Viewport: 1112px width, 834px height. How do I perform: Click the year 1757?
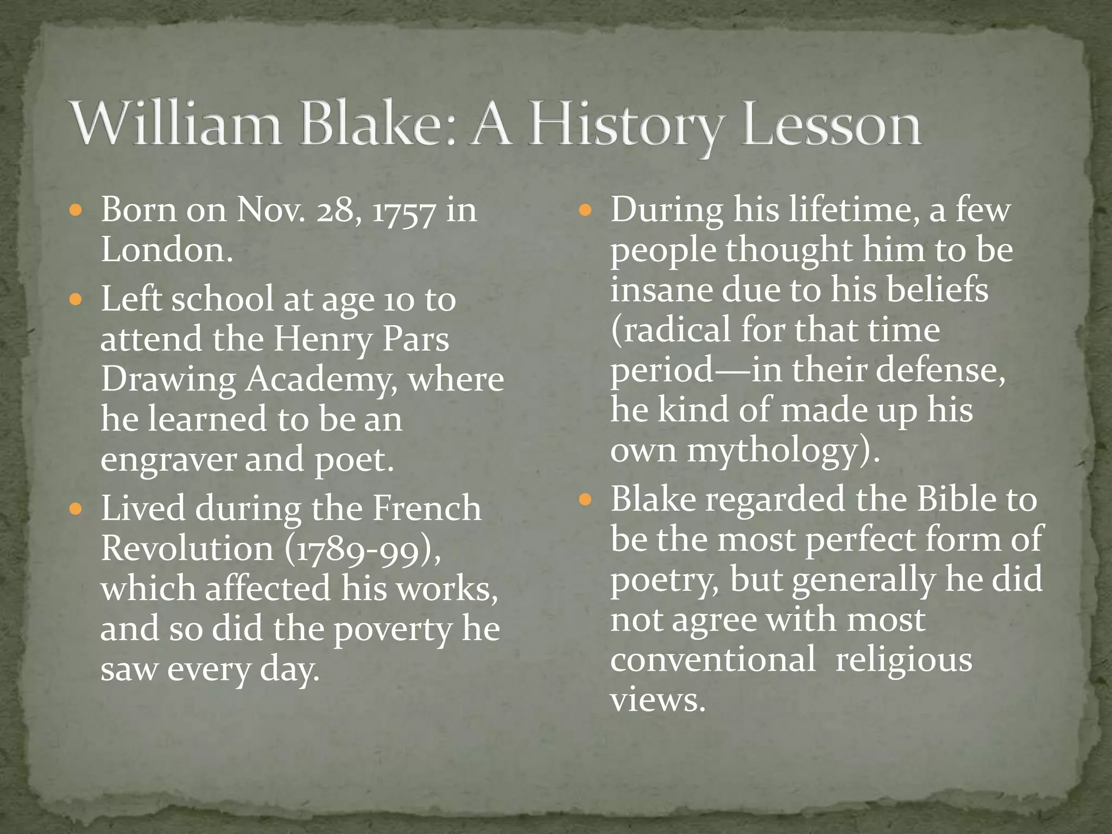point(404,211)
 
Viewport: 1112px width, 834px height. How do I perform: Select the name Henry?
point(323,340)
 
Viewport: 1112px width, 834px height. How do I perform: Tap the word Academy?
point(321,380)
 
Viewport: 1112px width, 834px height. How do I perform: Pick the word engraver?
point(168,460)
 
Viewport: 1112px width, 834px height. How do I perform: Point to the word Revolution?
point(187,548)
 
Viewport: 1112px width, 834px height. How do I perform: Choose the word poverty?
point(393,630)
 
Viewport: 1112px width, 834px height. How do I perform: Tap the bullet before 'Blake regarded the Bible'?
point(585,499)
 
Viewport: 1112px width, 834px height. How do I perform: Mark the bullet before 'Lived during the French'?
point(75,509)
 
